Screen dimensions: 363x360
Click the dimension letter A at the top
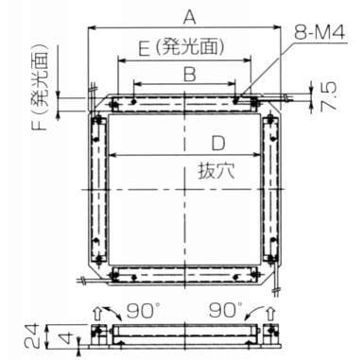tap(190, 17)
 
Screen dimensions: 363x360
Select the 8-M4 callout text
tap(320, 32)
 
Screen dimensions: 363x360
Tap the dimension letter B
tap(190, 75)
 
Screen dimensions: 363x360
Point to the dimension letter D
tap(218, 143)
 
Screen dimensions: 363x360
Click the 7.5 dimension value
tap(328, 95)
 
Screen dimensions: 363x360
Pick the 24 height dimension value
tap(31, 335)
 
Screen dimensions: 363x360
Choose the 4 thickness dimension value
tap(65, 339)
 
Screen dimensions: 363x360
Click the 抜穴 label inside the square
tap(216, 171)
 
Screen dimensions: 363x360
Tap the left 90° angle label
tap(141, 310)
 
